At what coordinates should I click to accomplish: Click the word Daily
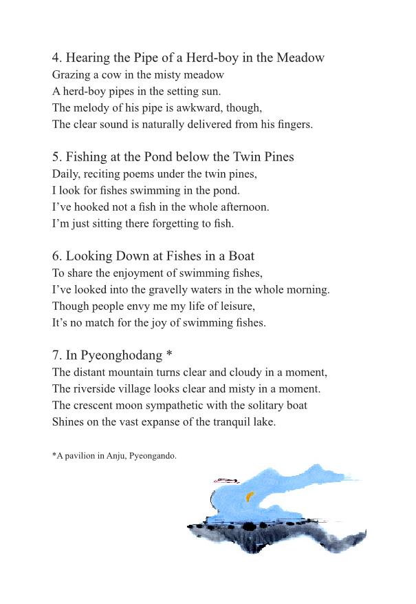(66, 174)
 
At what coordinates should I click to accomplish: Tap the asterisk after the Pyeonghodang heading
(168, 355)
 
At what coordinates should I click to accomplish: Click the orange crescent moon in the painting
(250, 495)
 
